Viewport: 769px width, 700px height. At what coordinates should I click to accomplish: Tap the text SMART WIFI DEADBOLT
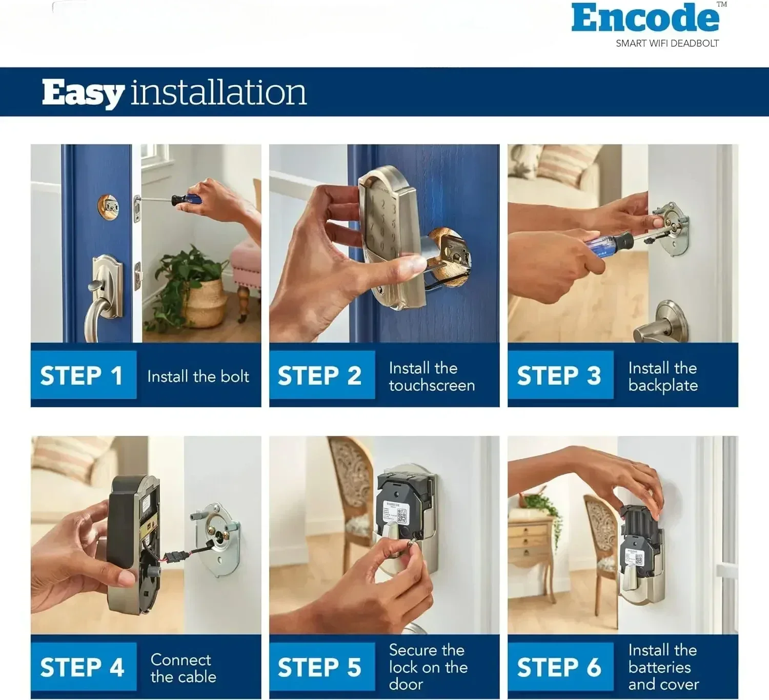(x=667, y=44)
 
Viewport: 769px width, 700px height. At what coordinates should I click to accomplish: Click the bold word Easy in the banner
(x=83, y=93)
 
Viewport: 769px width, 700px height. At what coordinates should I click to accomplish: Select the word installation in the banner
(x=218, y=92)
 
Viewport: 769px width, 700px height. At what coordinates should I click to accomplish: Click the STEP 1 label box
(x=84, y=375)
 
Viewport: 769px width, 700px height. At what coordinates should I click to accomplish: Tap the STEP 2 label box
(x=322, y=375)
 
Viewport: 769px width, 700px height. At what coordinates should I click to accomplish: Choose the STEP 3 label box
(x=560, y=375)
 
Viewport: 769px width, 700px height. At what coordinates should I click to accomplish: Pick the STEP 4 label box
(x=84, y=667)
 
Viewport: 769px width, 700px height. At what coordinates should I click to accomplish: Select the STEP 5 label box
(x=322, y=667)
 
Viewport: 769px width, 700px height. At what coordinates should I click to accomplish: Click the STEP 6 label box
(x=560, y=667)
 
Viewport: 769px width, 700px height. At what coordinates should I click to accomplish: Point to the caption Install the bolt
(x=198, y=376)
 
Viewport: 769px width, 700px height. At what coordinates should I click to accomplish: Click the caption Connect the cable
(x=183, y=668)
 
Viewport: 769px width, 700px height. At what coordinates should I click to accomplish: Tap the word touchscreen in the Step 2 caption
(x=432, y=385)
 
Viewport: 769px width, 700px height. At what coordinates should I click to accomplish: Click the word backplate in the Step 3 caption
(x=663, y=386)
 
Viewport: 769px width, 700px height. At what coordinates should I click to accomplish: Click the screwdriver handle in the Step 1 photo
(x=186, y=199)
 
